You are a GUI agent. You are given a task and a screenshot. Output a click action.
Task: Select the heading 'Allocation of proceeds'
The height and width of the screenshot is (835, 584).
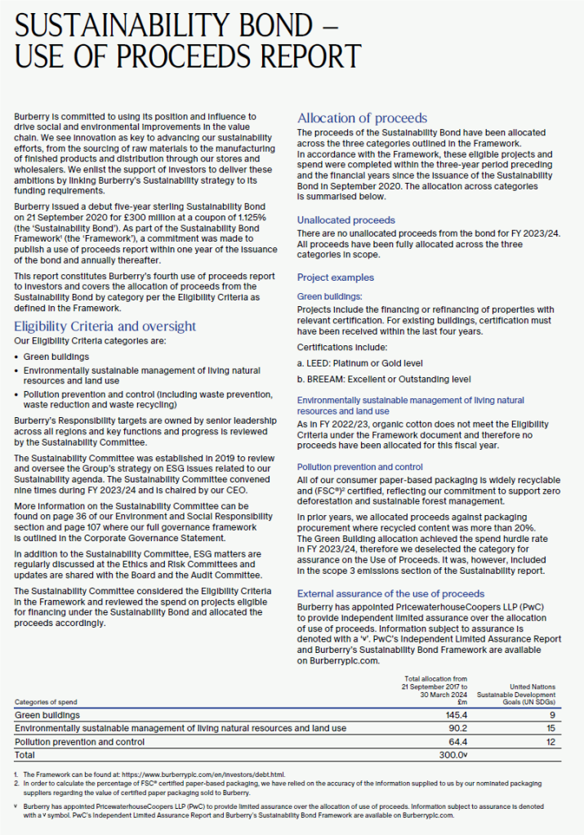pos(362,118)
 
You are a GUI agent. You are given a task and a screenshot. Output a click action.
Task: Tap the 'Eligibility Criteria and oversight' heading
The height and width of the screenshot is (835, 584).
pos(105,326)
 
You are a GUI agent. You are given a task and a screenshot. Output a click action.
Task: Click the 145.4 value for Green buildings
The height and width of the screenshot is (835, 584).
pos(452,714)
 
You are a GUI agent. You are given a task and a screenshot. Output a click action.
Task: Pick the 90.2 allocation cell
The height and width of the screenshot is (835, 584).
pos(454,728)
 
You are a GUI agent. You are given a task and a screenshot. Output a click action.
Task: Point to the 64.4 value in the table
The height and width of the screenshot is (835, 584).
pos(454,742)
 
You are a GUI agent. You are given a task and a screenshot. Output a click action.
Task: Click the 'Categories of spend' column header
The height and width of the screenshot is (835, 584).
pos(48,702)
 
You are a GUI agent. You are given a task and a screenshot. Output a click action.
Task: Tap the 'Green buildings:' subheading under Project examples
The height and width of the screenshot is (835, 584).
pos(329,296)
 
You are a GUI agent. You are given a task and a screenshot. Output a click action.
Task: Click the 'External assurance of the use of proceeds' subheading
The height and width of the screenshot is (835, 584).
pos(390,593)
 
